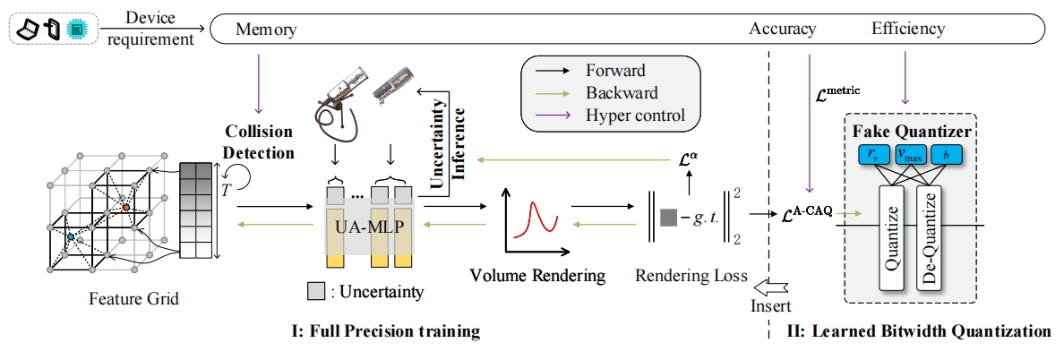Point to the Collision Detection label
259,141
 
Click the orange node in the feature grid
127,207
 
